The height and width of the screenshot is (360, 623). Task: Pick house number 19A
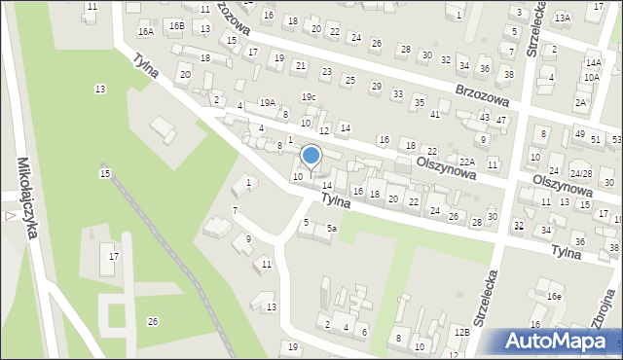tap(267, 102)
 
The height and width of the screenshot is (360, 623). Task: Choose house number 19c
tap(308, 96)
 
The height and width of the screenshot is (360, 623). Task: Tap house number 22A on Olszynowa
tap(467, 162)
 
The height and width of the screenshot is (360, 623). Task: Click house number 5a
tap(332, 229)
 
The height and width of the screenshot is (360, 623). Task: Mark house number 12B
tap(461, 333)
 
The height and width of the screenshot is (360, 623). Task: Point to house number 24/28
tap(581, 174)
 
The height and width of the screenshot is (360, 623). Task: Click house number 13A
tap(563, 18)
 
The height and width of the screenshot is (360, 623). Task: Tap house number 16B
tap(176, 25)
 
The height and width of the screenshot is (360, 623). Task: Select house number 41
tap(435, 115)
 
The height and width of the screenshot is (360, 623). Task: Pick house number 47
tap(501, 120)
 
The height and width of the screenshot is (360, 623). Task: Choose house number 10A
tap(591, 76)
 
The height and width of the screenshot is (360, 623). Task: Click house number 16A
tap(145, 32)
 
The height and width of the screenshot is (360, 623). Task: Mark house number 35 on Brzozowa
tap(419, 102)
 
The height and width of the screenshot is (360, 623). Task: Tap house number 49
tap(580, 134)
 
